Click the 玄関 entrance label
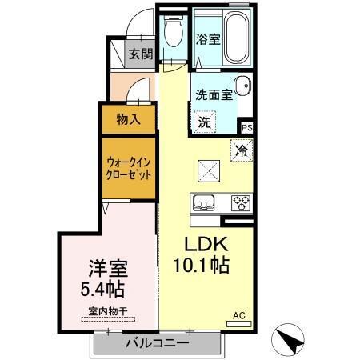(142, 55)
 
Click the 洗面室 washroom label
(214, 94)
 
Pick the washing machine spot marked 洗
(204, 122)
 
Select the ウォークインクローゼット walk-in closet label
(128, 168)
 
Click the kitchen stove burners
(240, 202)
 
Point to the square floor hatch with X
(209, 170)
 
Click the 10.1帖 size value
(204, 265)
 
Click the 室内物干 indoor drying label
(106, 314)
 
